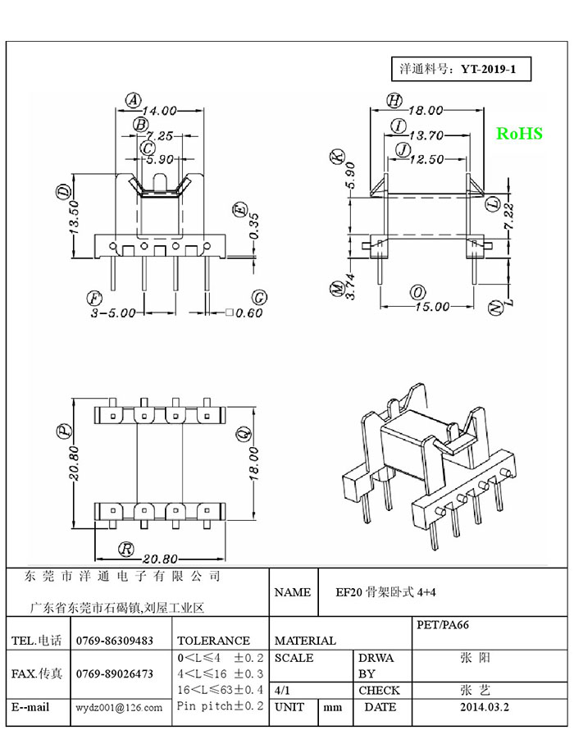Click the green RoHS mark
[x=519, y=134]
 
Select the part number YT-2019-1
[x=488, y=69]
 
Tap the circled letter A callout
[x=134, y=101]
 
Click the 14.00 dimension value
[x=160, y=111]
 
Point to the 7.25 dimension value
[x=159, y=135]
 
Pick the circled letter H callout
[x=394, y=101]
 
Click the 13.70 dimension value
[x=426, y=135]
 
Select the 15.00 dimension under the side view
[x=432, y=307]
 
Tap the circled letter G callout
[x=259, y=298]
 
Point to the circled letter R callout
[x=125, y=549]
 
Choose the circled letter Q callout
[x=244, y=433]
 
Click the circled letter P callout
[x=64, y=431]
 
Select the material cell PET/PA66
[x=443, y=624]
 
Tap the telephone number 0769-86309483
[x=114, y=641]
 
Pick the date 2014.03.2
[x=485, y=707]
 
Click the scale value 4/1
[x=282, y=691]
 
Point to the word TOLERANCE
[x=213, y=641]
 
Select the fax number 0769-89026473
[x=114, y=673]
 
